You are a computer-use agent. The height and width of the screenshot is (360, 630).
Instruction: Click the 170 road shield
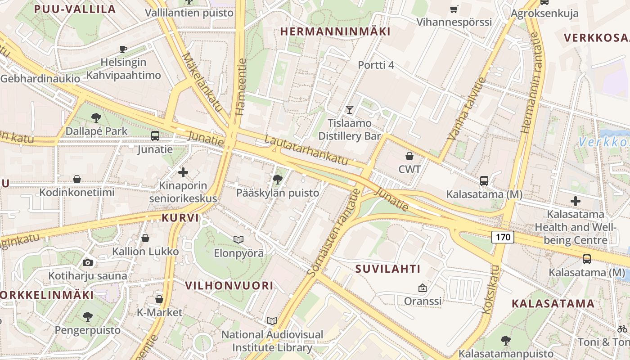[x=502, y=237]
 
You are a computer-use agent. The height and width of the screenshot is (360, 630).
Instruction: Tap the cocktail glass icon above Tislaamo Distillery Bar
[x=349, y=109]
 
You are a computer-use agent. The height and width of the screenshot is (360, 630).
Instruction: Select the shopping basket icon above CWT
[x=409, y=156]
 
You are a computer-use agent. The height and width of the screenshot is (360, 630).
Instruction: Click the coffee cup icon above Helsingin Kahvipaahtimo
[x=123, y=49]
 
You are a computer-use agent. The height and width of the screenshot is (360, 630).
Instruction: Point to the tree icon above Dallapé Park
[x=96, y=118]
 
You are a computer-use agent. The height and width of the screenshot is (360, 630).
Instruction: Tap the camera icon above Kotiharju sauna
[x=88, y=262]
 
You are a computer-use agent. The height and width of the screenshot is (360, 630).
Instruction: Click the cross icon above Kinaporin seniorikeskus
[x=183, y=172]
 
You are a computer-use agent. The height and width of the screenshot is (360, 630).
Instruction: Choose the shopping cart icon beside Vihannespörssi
[x=454, y=9]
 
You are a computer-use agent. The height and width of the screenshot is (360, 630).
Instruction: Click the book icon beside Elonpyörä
[x=238, y=239]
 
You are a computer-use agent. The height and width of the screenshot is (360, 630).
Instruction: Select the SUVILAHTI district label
[x=388, y=269]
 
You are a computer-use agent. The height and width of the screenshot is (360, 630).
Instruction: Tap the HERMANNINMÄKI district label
[x=335, y=31]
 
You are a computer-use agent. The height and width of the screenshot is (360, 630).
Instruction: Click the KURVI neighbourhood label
[x=180, y=218]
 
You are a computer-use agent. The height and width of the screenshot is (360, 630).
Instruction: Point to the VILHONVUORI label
[x=229, y=285]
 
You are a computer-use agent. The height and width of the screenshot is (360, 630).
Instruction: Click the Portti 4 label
[x=376, y=65]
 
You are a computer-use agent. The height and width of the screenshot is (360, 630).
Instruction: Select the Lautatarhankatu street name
[x=306, y=149]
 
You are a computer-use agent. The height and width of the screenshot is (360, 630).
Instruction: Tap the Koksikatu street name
[x=490, y=289]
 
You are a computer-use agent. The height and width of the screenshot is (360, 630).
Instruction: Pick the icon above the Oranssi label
[x=422, y=288]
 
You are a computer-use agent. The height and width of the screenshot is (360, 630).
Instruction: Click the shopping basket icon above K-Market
[x=159, y=299]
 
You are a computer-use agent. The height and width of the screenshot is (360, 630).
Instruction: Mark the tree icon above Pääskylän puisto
[x=278, y=180]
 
